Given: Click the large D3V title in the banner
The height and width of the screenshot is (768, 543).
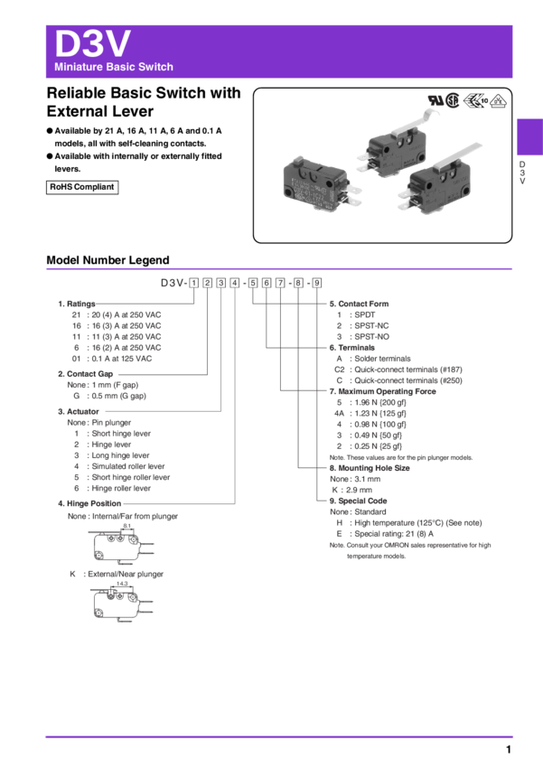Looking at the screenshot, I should (93, 43).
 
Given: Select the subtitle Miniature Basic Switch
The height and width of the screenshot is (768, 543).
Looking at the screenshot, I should (114, 68).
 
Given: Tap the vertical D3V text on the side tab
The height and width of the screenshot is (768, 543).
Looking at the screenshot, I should (521, 173).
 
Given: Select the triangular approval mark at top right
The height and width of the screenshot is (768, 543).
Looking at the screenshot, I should (499, 102).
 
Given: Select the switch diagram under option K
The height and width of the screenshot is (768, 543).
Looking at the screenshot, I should (117, 603).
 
